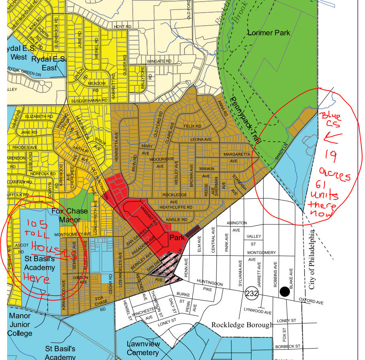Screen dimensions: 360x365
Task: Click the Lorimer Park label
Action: tap(269, 33)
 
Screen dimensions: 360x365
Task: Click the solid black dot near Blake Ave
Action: tap(284, 292)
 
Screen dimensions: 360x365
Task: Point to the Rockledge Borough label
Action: tap(242, 325)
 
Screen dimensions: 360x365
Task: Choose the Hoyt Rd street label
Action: tap(122, 27)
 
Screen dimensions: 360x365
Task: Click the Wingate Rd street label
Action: tap(159, 61)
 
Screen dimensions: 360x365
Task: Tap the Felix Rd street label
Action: tap(192, 126)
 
